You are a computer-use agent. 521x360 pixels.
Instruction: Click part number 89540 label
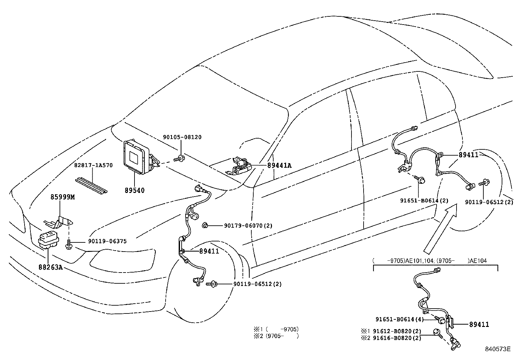(x=134, y=190)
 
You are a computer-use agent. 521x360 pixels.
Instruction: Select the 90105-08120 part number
(x=182, y=137)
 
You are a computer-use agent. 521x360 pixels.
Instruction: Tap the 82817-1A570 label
(x=93, y=165)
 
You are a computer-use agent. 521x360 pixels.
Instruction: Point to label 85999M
(x=63, y=197)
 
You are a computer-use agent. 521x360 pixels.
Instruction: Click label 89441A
(x=279, y=166)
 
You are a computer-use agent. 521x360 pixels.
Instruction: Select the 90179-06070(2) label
(x=248, y=226)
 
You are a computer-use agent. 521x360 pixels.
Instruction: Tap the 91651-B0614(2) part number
(x=424, y=201)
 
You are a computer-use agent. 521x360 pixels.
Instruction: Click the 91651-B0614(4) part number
(x=399, y=319)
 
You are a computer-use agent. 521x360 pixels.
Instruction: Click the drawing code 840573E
(x=498, y=349)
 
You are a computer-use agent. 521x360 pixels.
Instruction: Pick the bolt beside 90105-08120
(x=179, y=159)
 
